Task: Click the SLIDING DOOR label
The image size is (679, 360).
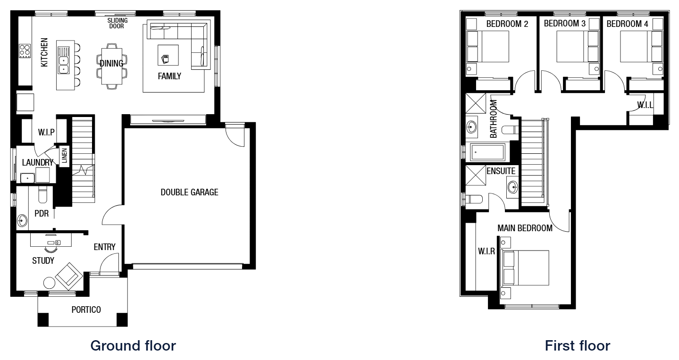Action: [x=117, y=23]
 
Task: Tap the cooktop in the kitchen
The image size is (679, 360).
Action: [x=25, y=51]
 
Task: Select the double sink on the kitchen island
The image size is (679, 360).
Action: [x=63, y=60]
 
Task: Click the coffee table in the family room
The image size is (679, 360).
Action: [x=168, y=55]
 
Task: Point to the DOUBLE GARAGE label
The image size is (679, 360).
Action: [x=190, y=192]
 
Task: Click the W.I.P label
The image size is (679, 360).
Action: [x=46, y=132]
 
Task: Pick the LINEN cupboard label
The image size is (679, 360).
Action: [x=64, y=156]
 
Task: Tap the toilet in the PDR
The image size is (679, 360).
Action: [x=43, y=194]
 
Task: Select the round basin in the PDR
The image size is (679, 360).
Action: [x=22, y=220]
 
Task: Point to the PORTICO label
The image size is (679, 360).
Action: [x=86, y=310]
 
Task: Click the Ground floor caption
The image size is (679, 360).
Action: [x=133, y=346]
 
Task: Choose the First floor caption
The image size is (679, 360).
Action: [x=578, y=346]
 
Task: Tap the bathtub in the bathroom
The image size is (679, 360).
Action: [x=487, y=152]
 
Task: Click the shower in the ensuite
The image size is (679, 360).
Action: [x=476, y=176]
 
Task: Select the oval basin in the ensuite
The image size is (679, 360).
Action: [x=513, y=187]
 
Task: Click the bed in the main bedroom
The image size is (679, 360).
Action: [x=525, y=268]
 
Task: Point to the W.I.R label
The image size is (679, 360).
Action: [x=486, y=251]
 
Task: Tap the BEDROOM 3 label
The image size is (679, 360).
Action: [x=564, y=23]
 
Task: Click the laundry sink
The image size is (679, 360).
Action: [x=27, y=178]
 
